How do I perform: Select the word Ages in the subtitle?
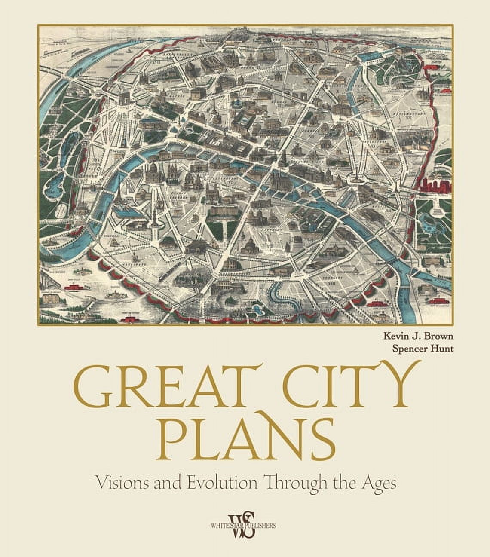(379, 483)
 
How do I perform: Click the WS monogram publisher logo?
(244, 525)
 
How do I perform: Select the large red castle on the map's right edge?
(435, 185)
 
